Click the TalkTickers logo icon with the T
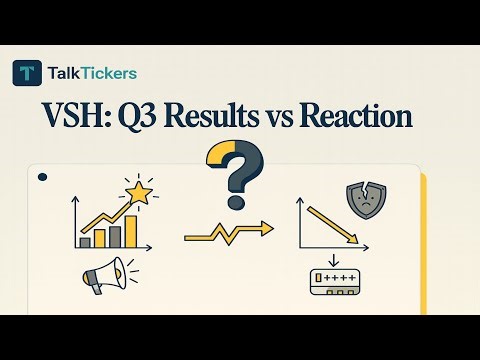click(27, 72)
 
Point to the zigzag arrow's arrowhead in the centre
click(266, 229)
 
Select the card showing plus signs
click(337, 285)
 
